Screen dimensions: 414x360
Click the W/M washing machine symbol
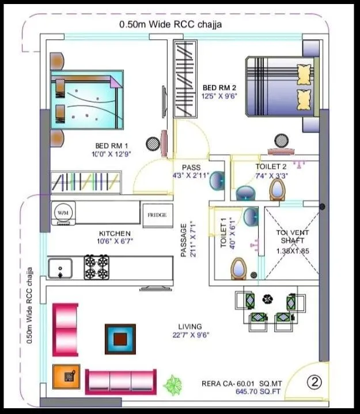pyautogui.click(x=62, y=213)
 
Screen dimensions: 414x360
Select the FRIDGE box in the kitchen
pyautogui.click(x=157, y=214)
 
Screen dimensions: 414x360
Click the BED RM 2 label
pyautogui.click(x=219, y=88)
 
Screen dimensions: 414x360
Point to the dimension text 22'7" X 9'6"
pyautogui.click(x=190, y=335)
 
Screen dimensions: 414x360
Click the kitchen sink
pyautogui.click(x=60, y=268)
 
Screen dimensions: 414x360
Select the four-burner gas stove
pyautogui.click(x=96, y=267)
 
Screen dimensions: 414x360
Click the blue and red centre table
pyautogui.click(x=120, y=339)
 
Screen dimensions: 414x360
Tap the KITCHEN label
pyautogui.click(x=111, y=234)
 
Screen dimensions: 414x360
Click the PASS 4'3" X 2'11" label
pyautogui.click(x=191, y=171)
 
